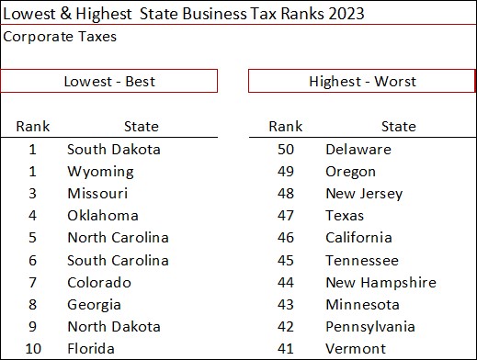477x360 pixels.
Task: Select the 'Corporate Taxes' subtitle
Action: (x=60, y=37)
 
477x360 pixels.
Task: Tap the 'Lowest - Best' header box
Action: (x=109, y=81)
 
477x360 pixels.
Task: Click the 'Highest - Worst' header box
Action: (x=362, y=81)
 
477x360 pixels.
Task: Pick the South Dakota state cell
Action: (x=114, y=149)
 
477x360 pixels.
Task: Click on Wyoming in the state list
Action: (x=100, y=171)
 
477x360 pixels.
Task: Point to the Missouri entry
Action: (x=97, y=193)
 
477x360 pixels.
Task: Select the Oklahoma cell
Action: (x=103, y=215)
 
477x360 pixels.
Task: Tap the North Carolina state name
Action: (x=118, y=238)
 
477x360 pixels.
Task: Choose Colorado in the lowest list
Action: (x=99, y=282)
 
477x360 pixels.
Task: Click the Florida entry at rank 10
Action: (x=91, y=348)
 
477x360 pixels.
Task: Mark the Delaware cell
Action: (x=358, y=149)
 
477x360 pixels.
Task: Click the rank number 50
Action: (x=285, y=149)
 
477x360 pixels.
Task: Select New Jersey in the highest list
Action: (x=364, y=193)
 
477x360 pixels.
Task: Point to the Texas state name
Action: (x=346, y=215)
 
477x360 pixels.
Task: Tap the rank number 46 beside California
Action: (x=285, y=238)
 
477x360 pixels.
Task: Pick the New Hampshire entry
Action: (x=380, y=282)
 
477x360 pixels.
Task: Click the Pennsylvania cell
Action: (x=370, y=326)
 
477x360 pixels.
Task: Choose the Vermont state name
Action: (x=356, y=348)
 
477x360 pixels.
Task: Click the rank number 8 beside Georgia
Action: (x=33, y=304)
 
